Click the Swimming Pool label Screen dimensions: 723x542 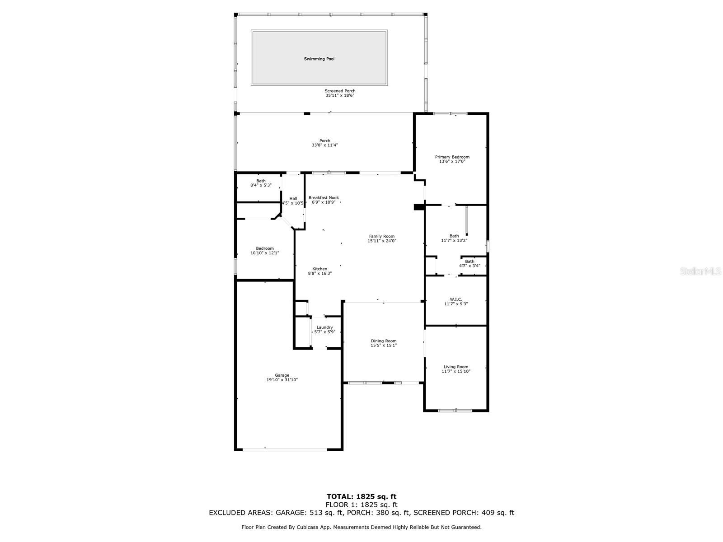tap(319, 59)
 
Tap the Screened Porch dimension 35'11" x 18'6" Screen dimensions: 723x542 tap(340, 95)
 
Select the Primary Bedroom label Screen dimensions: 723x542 tap(452, 157)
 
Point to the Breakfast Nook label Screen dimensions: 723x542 tap(324, 198)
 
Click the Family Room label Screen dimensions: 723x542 tap(381, 236)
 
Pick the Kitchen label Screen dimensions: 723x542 tap(319, 269)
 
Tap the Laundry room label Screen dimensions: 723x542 tap(324, 327)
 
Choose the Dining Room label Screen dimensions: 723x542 tap(383, 341)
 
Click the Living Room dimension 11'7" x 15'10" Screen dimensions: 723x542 tap(456, 371)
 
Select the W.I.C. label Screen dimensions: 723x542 tap(456, 299)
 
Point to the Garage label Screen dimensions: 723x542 tap(282, 375)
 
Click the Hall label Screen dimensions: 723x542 tap(293, 199)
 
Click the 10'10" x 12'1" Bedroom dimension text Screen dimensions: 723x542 tap(265, 253)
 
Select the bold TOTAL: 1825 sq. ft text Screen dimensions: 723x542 tap(361, 496)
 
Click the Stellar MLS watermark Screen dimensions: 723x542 tap(700, 271)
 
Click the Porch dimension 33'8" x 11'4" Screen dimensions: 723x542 tap(325, 145)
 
